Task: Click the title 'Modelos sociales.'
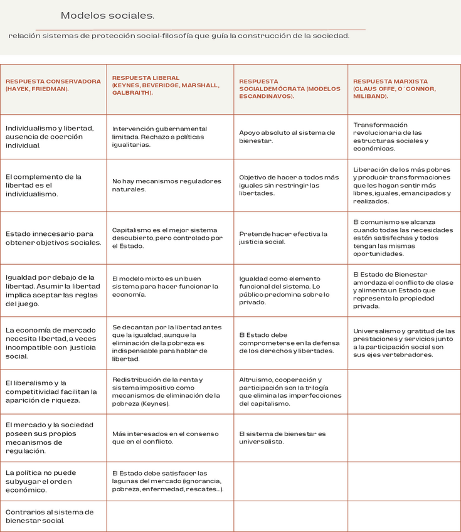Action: click(107, 15)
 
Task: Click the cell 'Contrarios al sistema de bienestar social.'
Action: click(50, 516)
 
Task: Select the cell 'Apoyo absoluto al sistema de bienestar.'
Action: click(287, 137)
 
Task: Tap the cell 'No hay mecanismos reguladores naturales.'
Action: click(167, 185)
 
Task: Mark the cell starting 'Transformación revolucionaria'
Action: click(391, 137)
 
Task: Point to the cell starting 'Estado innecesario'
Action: click(53, 238)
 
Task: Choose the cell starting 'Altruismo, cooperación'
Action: click(290, 391)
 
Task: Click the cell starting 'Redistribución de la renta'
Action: click(166, 391)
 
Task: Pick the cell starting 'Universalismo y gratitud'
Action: click(404, 343)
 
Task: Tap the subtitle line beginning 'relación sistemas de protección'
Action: click(179, 36)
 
